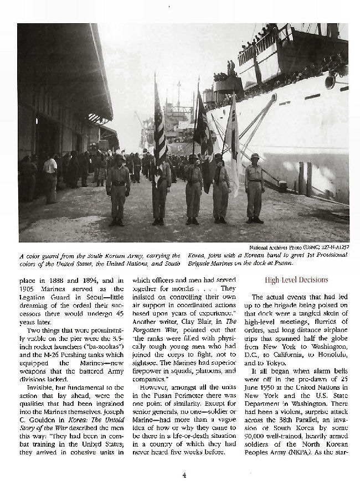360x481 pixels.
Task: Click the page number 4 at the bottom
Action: [183, 474]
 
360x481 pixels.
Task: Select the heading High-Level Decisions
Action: [296, 280]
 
